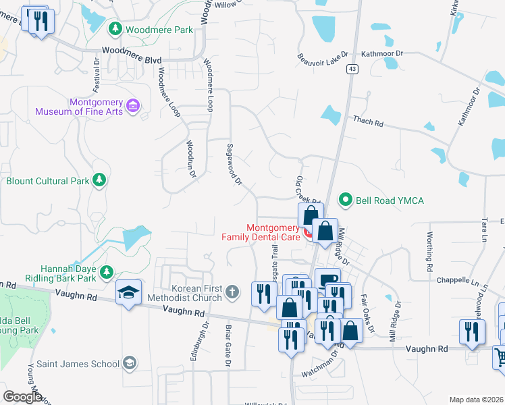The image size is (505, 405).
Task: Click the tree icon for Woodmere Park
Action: pos(115,29)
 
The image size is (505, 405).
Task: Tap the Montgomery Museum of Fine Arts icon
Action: pos(133,106)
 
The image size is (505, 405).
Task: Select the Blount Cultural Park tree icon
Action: pos(99,180)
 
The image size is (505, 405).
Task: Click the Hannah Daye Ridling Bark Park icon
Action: pos(106,272)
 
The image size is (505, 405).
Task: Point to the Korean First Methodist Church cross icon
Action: pos(232,292)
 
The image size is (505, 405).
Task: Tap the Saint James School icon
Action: pos(129,364)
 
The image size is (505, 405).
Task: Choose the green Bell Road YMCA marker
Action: pos(346,199)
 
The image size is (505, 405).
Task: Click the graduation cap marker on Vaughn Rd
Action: pos(128,292)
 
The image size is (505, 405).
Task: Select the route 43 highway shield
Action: pos(352,69)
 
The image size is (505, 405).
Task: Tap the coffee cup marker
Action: pos(327,280)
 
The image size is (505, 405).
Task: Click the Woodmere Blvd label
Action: pos(132,55)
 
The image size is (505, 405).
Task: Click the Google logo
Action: pos(22,396)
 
